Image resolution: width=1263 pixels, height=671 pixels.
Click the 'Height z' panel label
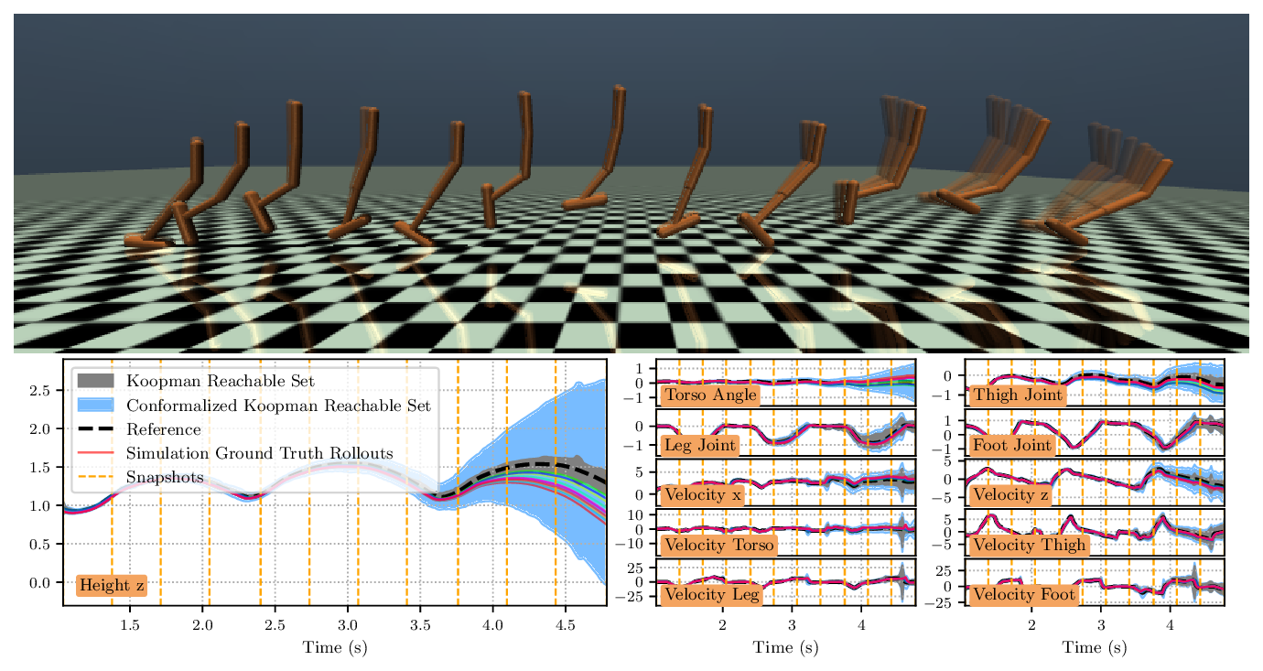(112, 585)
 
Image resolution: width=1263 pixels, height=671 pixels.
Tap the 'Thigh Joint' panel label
(1019, 395)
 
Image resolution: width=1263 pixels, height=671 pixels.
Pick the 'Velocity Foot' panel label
(1023, 594)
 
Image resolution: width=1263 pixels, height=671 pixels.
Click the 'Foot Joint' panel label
(1015, 445)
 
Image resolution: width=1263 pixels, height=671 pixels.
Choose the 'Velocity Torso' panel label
(719, 545)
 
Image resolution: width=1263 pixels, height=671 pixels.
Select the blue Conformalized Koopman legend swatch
(95, 405)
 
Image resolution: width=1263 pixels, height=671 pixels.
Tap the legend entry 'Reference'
(163, 429)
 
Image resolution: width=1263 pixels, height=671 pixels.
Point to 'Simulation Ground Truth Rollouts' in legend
(259, 453)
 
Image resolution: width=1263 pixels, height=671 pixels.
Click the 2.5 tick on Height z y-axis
(40, 391)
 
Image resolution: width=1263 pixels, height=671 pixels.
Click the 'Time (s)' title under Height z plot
(335, 648)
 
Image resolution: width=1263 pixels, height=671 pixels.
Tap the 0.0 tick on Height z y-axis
(40, 582)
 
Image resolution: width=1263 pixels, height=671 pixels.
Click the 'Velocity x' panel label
(703, 495)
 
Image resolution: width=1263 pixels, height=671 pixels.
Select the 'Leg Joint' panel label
(700, 445)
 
